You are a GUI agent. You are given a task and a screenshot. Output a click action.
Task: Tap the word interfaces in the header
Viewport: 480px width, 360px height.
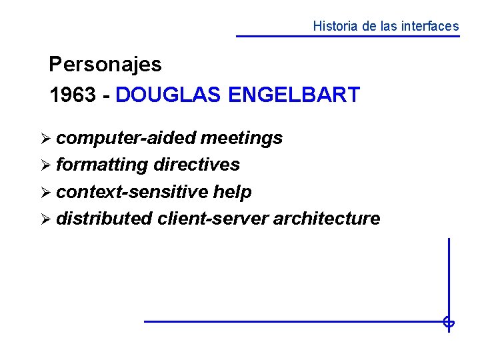(x=431, y=27)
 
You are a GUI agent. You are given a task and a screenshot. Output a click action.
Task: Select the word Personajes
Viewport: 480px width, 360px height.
(x=105, y=65)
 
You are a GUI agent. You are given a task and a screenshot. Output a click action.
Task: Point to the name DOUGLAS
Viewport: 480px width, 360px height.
(x=169, y=95)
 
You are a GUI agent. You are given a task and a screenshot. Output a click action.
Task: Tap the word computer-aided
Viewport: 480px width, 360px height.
(x=126, y=138)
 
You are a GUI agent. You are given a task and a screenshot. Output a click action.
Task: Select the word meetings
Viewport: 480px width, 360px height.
(x=241, y=138)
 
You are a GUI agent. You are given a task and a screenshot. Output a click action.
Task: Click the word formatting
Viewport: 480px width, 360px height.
(x=102, y=165)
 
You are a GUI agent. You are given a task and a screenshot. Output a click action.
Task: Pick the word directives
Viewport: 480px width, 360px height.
(x=197, y=165)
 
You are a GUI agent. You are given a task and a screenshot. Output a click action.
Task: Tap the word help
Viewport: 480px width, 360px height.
(x=232, y=192)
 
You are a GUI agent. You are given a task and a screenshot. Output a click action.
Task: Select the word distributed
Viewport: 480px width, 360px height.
(x=104, y=219)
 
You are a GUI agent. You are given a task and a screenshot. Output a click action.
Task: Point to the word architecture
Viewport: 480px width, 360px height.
(x=327, y=219)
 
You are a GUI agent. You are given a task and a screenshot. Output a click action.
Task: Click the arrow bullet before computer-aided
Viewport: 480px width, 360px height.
(x=45, y=139)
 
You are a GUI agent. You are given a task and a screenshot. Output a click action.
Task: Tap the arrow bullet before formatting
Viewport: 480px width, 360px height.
(x=45, y=165)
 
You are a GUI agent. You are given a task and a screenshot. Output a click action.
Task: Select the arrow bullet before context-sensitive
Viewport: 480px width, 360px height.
(x=45, y=193)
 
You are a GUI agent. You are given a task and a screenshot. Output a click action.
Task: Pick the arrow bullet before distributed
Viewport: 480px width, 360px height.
(x=45, y=219)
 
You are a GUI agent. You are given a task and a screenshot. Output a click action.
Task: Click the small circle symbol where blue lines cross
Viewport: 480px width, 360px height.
(x=449, y=323)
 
